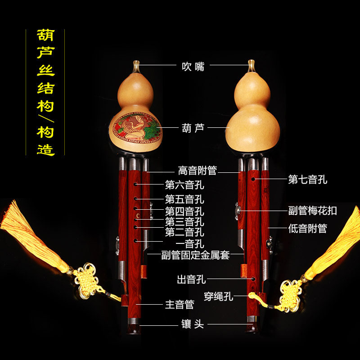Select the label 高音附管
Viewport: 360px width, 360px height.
197,171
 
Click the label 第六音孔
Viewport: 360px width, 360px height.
184,184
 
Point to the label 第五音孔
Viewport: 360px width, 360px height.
184,199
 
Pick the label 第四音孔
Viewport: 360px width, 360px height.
184,211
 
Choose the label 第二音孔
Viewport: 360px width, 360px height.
184,232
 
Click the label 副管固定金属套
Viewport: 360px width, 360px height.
195,255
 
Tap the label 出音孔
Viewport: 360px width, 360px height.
191,279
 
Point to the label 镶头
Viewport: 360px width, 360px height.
193,324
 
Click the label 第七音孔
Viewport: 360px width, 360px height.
308,180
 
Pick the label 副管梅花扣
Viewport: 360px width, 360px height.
312,211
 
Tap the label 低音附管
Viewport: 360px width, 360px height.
308,228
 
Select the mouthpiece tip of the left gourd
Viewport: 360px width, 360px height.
136,63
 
